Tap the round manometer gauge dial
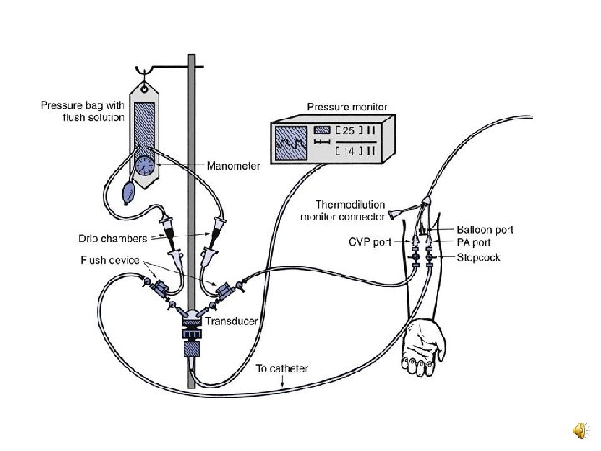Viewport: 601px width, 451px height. click(147, 165)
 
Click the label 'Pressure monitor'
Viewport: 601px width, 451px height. click(341, 107)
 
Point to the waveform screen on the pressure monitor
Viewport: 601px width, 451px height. click(293, 142)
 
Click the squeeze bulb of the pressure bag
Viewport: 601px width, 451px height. click(130, 193)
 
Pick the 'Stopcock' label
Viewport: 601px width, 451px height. click(479, 258)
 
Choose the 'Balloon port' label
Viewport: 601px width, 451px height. click(485, 230)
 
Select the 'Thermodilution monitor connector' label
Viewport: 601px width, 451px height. click(343, 210)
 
